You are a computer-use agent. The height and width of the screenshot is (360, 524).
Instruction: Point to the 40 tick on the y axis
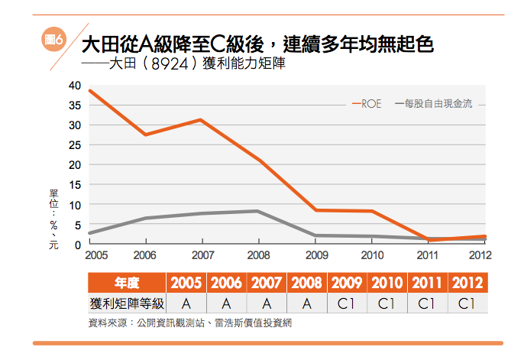[x=75, y=85]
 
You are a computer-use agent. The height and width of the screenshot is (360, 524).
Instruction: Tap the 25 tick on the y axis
[x=75, y=144]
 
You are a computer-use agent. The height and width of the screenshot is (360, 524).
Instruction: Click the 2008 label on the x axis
[x=260, y=255]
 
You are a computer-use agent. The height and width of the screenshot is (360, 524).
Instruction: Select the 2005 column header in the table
[x=186, y=283]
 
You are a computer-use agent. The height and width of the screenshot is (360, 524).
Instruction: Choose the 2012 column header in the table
[x=466, y=283]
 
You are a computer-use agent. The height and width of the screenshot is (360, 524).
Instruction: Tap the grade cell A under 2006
[x=226, y=303]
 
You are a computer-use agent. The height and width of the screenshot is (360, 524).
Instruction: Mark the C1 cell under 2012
[x=466, y=303]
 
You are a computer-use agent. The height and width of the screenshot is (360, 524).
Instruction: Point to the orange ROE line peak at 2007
[x=200, y=120]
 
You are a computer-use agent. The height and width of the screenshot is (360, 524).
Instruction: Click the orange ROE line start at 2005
[x=89, y=91]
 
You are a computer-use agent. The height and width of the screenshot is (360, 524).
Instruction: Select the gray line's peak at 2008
[x=258, y=211]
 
